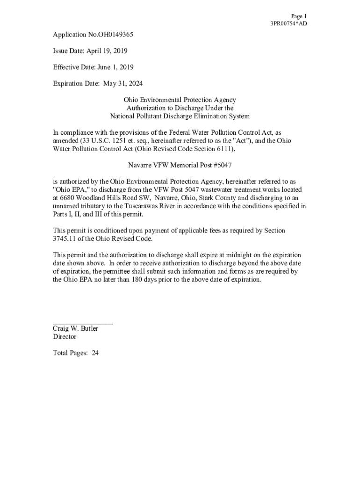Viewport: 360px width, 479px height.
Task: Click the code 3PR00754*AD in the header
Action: point(288,24)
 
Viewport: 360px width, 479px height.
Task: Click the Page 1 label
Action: point(299,16)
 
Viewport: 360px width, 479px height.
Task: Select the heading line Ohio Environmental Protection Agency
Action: point(180,100)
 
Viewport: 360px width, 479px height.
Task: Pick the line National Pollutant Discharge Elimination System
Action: point(180,116)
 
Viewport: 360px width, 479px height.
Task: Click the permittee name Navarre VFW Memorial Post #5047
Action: point(180,165)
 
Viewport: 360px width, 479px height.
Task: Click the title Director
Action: point(65,337)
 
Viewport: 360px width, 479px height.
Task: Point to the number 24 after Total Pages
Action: point(95,353)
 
